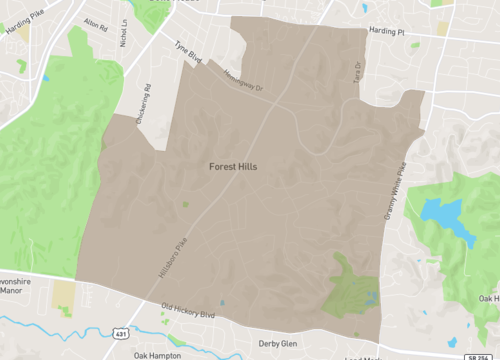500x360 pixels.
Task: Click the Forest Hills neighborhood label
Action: click(x=232, y=167)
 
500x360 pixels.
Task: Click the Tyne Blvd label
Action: click(x=188, y=52)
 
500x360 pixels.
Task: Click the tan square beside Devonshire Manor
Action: click(x=64, y=294)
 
